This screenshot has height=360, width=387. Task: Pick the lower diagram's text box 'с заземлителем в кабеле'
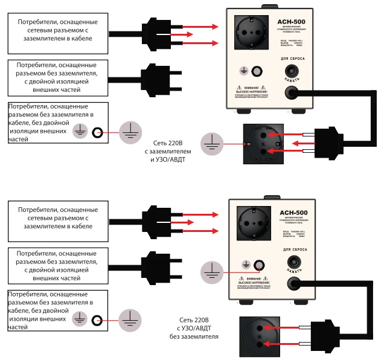(x=58, y=218)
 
